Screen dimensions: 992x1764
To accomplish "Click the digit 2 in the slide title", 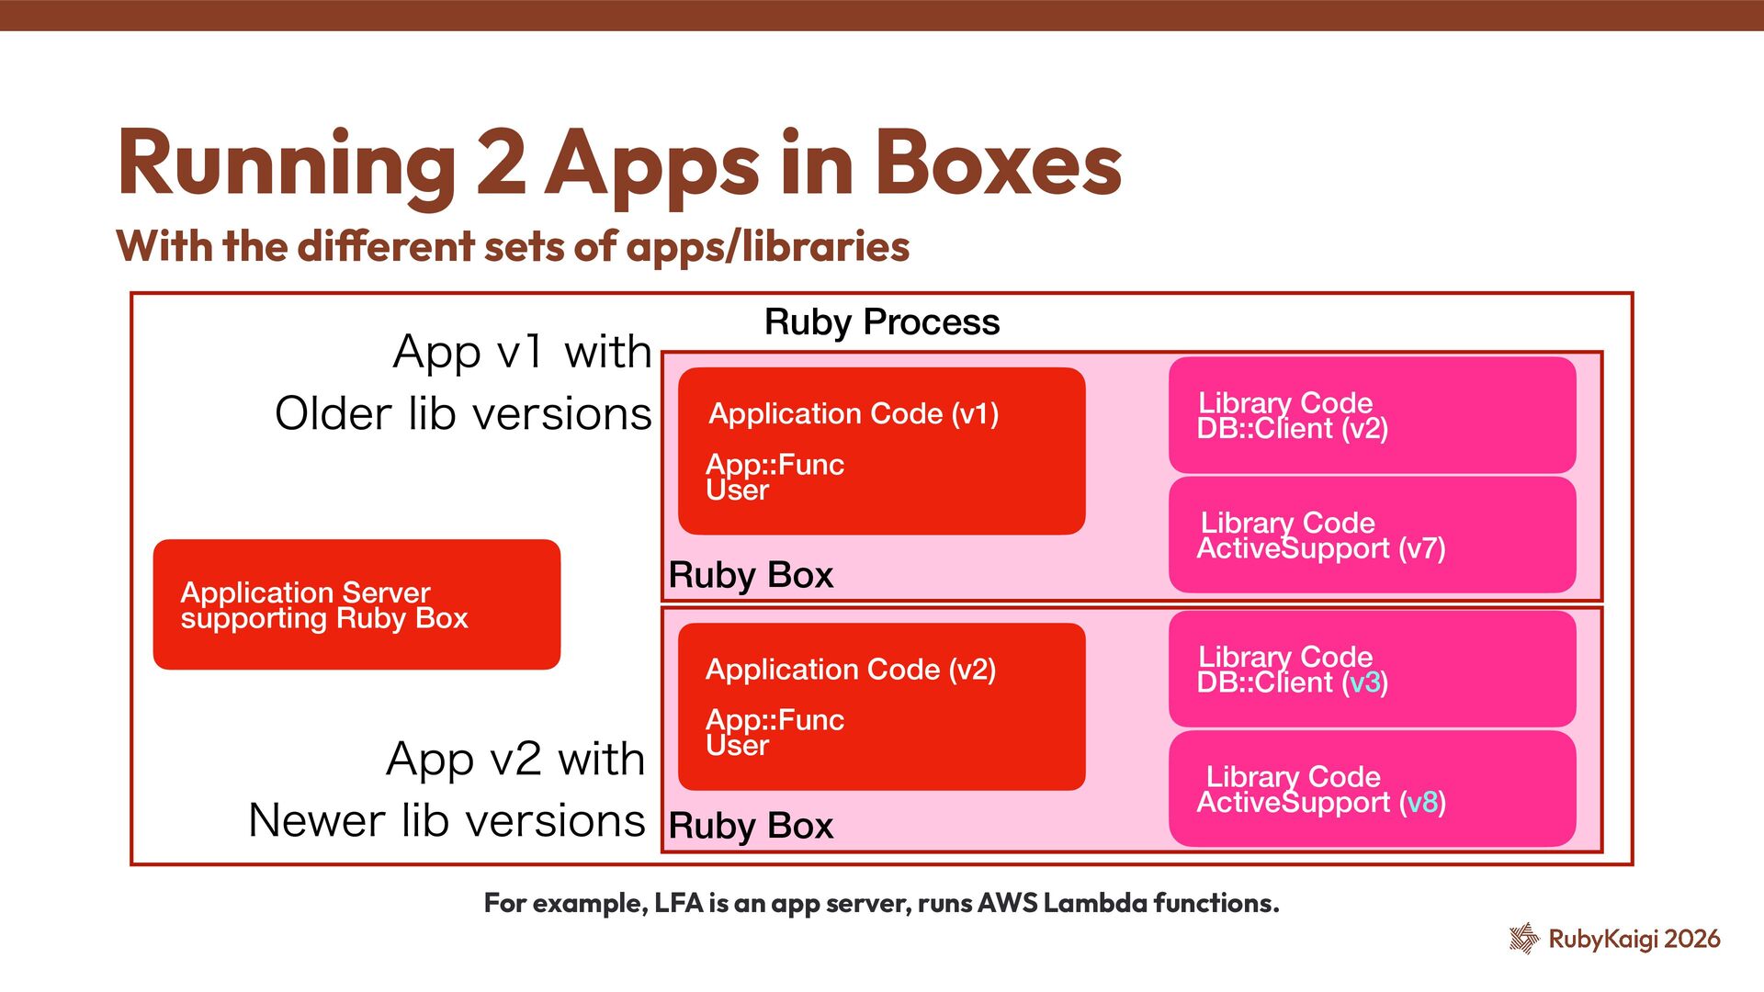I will pyautogui.click(x=502, y=163).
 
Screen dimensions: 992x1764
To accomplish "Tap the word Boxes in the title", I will pyautogui.click(x=999, y=163).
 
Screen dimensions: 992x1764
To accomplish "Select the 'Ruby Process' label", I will pyautogui.click(x=881, y=322).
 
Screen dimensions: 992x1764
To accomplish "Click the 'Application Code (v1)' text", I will pyautogui.click(x=854, y=414).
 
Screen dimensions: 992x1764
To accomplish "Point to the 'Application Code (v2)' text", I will pyautogui.click(x=850, y=670).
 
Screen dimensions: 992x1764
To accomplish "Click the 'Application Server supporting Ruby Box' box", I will pyautogui.click(x=356, y=604).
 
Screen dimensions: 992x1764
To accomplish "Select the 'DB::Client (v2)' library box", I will pyautogui.click(x=1372, y=415).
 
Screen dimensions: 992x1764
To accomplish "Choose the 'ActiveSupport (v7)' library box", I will pyautogui.click(x=1372, y=535).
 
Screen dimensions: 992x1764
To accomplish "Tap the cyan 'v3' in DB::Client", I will pyautogui.click(x=1364, y=682).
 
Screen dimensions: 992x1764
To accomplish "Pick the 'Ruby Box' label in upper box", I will pyautogui.click(x=751, y=575).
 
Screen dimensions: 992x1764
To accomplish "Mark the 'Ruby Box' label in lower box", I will pyautogui.click(x=751, y=826).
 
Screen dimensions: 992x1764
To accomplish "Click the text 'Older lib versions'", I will pyautogui.click(x=463, y=413).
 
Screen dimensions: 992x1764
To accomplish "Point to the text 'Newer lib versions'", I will pyautogui.click(x=447, y=820).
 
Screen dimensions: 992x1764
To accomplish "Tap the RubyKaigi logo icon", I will pyautogui.click(x=1523, y=938).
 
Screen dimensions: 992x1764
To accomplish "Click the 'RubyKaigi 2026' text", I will pyautogui.click(x=1634, y=939).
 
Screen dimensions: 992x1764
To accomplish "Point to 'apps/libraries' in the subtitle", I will pyautogui.click(x=768, y=246).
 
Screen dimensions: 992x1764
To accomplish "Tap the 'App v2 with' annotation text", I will pyautogui.click(x=515, y=759).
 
